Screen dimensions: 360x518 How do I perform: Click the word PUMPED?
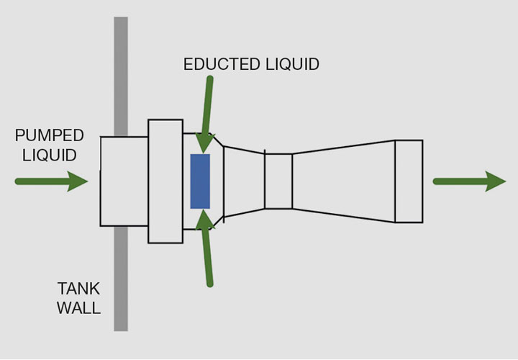click(49, 135)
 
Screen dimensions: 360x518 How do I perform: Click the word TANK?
click(78, 289)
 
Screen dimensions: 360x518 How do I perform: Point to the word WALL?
click(78, 309)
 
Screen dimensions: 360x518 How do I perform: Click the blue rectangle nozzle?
click(200, 181)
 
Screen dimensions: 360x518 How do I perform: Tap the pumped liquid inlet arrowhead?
click(78, 181)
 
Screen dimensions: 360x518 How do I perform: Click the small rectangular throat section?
click(278, 181)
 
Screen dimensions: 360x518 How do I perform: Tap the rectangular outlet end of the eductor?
click(409, 181)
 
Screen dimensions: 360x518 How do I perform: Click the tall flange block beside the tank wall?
click(165, 181)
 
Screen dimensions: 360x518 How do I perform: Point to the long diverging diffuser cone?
click(343, 181)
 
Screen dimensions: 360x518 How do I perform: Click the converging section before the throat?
click(245, 181)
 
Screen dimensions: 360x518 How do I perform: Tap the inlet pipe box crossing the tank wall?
click(124, 181)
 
